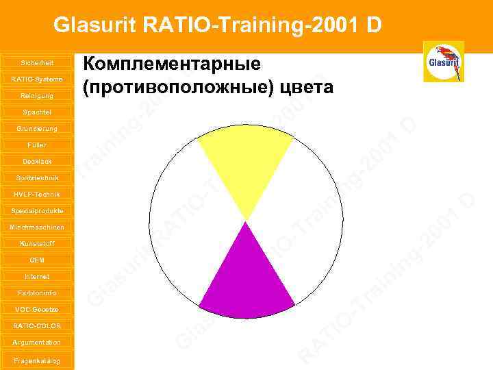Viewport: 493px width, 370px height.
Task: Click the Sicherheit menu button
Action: click(x=37, y=62)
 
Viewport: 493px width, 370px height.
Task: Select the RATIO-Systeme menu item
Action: click(x=37, y=79)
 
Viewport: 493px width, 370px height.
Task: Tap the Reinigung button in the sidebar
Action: click(x=37, y=95)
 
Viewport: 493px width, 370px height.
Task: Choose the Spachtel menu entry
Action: click(x=37, y=112)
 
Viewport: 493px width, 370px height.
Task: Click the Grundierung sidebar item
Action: click(x=37, y=128)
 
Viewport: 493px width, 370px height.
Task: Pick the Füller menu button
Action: click(x=37, y=145)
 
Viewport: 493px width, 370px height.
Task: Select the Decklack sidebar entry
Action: click(x=37, y=161)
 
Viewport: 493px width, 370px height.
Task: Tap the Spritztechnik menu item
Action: click(x=37, y=177)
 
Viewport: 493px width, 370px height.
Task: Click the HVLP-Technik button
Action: click(x=37, y=194)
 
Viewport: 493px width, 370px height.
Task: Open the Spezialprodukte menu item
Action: click(x=37, y=210)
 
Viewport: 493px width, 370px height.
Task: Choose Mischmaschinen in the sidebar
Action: click(x=37, y=227)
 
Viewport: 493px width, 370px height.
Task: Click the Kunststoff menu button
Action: click(x=37, y=243)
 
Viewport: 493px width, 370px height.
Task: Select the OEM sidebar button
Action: click(x=37, y=260)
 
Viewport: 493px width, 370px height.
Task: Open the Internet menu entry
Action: click(x=37, y=276)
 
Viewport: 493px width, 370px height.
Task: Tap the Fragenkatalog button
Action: click(x=37, y=360)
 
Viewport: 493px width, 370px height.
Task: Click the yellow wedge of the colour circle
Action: click(x=245, y=164)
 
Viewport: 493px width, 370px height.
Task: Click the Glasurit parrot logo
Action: click(x=444, y=62)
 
